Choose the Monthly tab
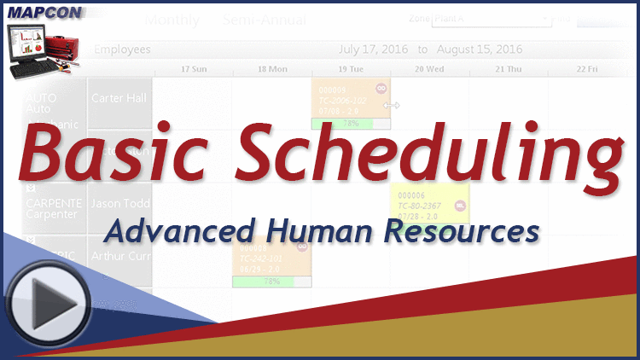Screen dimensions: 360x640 172,20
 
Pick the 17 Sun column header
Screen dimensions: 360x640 194,68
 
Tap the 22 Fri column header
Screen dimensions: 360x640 587,68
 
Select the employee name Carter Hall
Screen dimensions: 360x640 119,97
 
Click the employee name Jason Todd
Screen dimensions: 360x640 120,204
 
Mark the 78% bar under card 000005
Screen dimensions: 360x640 351,124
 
